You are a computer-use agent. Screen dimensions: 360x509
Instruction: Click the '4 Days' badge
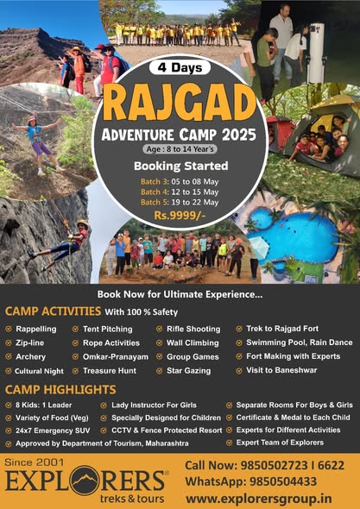coord(180,68)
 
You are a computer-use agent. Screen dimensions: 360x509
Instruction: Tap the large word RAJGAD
coord(180,102)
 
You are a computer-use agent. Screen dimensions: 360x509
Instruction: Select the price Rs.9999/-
coord(180,215)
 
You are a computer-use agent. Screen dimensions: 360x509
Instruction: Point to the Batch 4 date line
coord(180,192)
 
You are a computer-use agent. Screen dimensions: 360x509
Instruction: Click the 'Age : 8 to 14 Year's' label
coord(180,149)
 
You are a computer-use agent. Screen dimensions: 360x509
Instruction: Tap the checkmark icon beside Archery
coord(9,357)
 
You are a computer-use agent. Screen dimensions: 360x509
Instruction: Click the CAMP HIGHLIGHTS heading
coord(60,390)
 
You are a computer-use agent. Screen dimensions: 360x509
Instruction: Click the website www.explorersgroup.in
coord(259,498)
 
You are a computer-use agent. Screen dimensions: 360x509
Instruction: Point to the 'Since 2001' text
coord(35,462)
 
